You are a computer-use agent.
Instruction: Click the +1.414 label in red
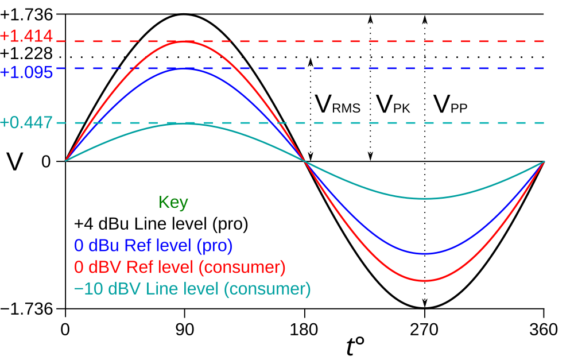tap(27, 37)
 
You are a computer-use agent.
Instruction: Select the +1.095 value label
tap(27, 73)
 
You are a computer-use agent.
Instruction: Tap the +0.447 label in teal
tap(27, 123)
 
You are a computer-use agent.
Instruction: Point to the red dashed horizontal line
tap(373, 41)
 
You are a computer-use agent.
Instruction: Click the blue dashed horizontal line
tap(373, 68)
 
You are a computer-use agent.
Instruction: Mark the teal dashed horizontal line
tap(373, 123)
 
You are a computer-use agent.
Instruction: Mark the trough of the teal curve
tap(425, 199)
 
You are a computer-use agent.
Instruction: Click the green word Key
tap(173, 203)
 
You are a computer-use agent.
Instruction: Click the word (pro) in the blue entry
tap(215, 246)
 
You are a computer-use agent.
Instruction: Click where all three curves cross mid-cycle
tap(305, 161)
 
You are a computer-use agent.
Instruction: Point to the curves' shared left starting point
tap(66, 161)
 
